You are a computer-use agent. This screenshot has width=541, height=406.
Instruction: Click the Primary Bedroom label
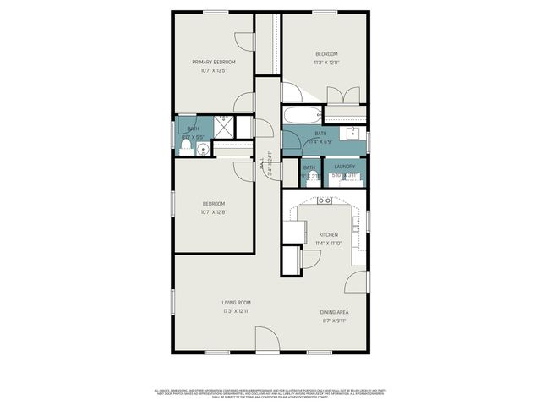click(x=213, y=62)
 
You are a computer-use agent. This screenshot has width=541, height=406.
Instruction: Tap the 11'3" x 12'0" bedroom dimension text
click(x=326, y=62)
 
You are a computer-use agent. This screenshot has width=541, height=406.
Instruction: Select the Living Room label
click(x=236, y=303)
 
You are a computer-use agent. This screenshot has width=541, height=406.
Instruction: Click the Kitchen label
click(x=328, y=234)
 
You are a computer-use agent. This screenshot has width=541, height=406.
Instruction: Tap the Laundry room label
click(x=344, y=167)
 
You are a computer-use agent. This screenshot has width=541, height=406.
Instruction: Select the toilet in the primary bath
click(x=184, y=149)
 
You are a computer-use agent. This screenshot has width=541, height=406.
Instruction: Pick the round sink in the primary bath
click(x=203, y=150)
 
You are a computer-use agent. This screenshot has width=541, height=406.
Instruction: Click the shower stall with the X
click(x=224, y=124)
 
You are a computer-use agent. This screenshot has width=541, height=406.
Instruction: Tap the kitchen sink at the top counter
click(x=325, y=201)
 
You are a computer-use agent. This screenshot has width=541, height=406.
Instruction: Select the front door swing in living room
click(x=269, y=340)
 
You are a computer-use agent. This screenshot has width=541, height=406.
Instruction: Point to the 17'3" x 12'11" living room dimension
click(x=236, y=311)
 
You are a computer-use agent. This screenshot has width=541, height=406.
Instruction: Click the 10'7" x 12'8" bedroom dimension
click(x=213, y=212)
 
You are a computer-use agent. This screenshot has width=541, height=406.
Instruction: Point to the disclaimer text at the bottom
click(x=270, y=394)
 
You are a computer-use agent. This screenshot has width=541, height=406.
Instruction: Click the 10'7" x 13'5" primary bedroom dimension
click(x=213, y=70)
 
